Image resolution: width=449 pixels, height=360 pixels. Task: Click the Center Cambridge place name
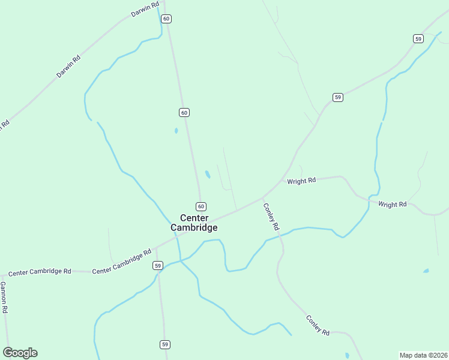point(194,223)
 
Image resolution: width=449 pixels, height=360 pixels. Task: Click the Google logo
point(20,353)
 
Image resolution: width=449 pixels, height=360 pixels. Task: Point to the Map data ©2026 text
point(423,355)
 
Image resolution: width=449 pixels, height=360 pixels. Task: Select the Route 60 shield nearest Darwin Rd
point(166,19)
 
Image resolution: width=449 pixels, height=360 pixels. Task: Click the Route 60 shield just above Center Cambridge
point(201,206)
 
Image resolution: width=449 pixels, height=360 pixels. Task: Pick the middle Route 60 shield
point(184,112)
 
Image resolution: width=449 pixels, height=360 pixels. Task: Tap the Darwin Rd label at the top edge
point(145,10)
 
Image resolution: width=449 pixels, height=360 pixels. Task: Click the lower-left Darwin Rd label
point(68,67)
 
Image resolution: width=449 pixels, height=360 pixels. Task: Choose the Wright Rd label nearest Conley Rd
point(301,181)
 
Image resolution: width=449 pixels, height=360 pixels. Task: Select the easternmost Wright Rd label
point(393,205)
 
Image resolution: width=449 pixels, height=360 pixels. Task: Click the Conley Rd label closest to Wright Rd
point(271,217)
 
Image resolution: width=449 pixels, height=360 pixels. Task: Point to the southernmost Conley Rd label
point(318,325)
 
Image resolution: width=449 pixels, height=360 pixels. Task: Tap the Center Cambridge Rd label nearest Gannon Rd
point(40,271)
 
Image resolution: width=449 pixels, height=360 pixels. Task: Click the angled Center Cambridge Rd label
point(122,262)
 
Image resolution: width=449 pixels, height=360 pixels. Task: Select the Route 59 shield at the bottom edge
point(165,344)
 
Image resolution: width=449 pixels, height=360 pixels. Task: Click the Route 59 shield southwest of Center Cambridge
point(158,265)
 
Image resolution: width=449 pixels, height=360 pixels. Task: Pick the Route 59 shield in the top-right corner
point(418,38)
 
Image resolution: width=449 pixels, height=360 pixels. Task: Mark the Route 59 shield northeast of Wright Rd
point(338,97)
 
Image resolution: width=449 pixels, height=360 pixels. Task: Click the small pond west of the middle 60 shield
point(176,130)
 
